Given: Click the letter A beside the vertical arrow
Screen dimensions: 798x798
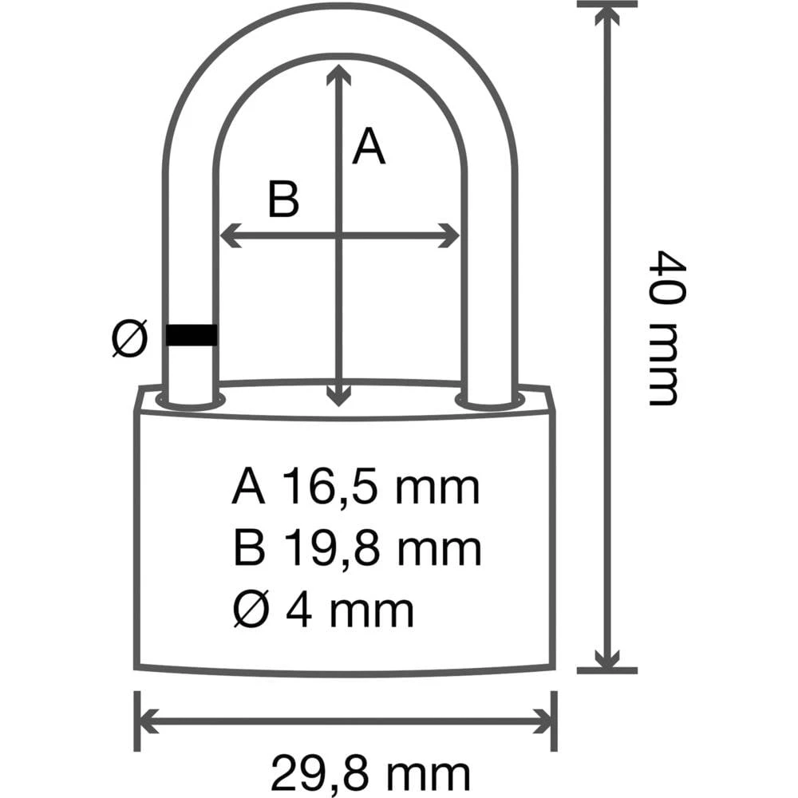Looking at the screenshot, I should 369,147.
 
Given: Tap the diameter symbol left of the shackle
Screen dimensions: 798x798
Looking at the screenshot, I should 129,338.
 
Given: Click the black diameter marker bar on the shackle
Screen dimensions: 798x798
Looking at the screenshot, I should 192,335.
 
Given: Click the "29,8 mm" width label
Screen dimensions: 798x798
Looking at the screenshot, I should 369,772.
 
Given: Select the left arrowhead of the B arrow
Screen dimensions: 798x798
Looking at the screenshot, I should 228,235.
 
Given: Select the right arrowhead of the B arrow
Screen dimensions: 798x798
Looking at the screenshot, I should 451,235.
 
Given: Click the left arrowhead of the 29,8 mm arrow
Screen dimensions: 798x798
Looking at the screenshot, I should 147,721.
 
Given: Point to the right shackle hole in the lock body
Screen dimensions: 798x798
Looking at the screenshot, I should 490,399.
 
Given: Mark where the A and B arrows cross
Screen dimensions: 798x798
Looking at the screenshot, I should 341,235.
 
